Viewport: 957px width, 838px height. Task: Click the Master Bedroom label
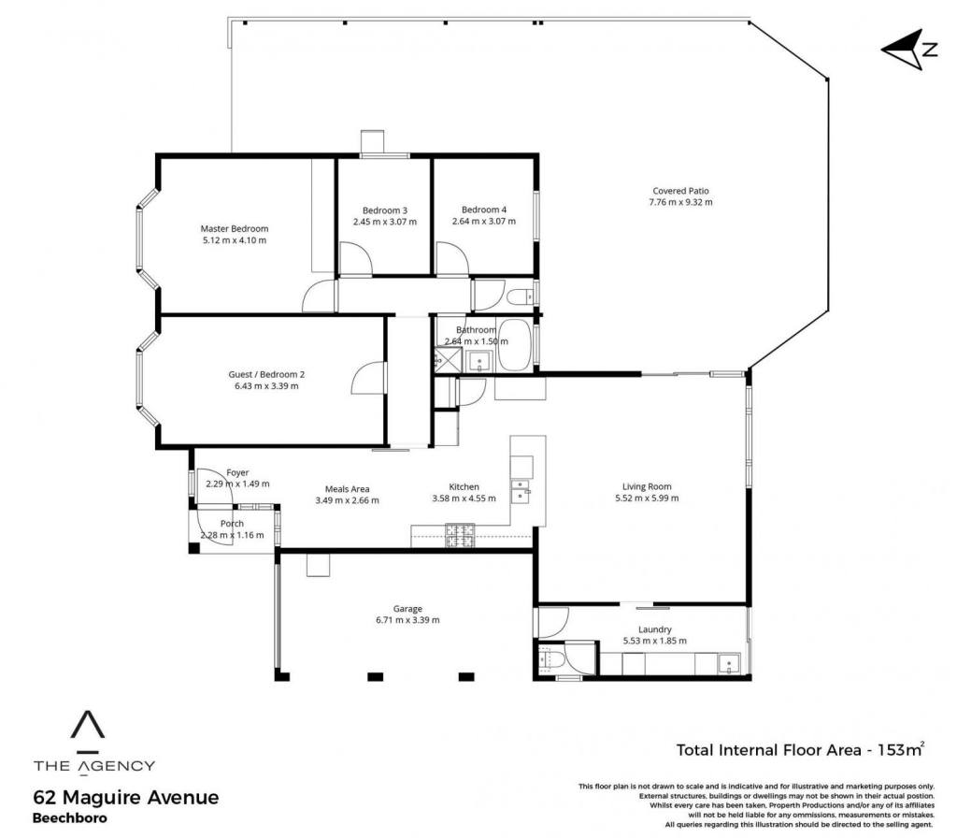[x=235, y=229]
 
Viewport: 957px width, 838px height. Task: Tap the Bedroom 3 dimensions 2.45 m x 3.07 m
[x=384, y=222]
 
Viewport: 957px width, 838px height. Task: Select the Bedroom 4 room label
[x=484, y=209]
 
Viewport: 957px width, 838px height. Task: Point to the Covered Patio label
[x=680, y=191]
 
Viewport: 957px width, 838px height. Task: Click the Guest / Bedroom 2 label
[x=266, y=374]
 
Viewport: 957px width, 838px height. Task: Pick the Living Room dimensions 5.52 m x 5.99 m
[x=647, y=498]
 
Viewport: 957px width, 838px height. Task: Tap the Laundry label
[x=655, y=629]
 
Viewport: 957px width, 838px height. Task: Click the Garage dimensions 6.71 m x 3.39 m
[x=407, y=620]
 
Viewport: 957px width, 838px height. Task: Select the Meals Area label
[x=348, y=488]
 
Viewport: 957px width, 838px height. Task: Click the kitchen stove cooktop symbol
[x=460, y=535]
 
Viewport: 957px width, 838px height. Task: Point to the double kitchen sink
[x=521, y=491]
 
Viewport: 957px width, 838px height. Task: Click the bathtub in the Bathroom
[x=514, y=345]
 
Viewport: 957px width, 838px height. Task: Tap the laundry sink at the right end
[x=729, y=663]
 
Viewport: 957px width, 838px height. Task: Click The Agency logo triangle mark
[x=88, y=725]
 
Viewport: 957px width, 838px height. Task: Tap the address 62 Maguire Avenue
[x=126, y=798]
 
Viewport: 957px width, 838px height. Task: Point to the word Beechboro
[x=69, y=817]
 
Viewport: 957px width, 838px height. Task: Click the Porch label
[x=232, y=524]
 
